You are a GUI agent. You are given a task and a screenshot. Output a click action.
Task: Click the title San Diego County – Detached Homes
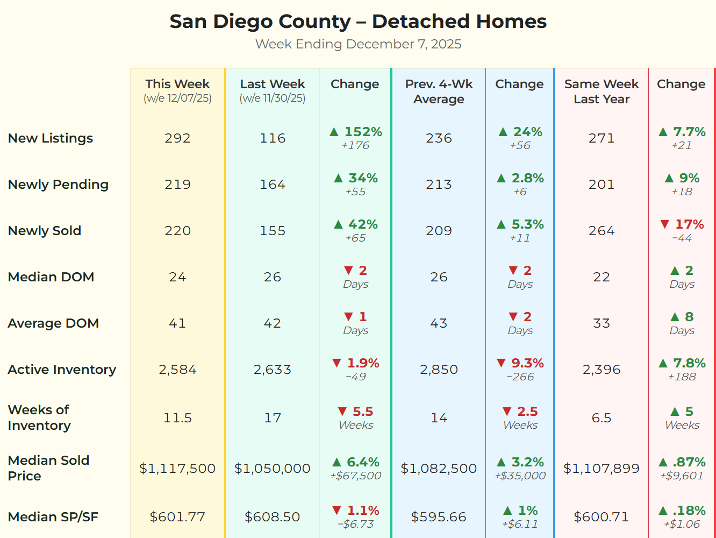358,22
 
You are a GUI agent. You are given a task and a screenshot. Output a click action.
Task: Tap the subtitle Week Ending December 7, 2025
358,44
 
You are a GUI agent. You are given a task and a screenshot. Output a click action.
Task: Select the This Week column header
177,84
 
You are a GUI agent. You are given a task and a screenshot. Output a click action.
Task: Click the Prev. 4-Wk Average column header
439,91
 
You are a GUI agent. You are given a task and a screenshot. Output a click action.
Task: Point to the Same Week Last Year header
601,91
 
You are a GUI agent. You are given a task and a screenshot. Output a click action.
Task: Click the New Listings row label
51,138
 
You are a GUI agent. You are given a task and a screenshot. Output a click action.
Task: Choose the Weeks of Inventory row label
39,417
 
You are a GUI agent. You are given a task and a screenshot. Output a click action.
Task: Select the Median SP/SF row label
53,517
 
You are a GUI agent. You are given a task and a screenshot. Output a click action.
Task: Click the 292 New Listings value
177,138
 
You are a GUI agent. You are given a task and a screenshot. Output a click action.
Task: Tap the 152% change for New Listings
362,132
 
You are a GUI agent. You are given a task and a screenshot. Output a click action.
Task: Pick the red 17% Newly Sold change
689,224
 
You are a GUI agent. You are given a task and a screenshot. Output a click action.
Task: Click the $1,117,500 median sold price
177,469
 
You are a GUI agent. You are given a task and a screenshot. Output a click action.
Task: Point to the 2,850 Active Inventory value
439,370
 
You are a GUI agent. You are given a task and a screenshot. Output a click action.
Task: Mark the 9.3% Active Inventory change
527,363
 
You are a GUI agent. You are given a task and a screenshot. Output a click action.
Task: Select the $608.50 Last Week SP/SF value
272,517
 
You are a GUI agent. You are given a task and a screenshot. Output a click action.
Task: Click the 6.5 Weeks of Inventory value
601,418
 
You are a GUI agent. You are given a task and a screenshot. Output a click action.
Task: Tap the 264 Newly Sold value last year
601,231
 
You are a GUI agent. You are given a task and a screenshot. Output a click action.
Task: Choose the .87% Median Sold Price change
689,462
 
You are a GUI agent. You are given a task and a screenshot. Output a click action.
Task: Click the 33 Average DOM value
601,323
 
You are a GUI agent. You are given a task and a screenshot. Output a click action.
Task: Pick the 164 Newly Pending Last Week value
272,185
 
